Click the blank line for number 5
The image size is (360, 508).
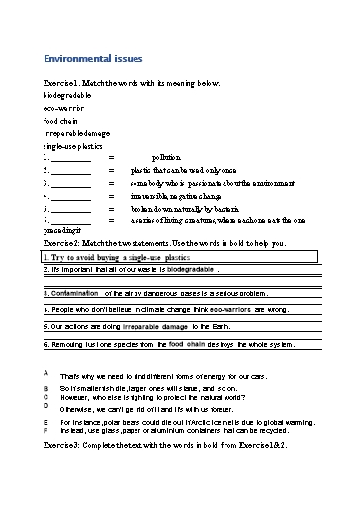[70, 210]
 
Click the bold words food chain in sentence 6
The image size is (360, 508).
[187, 344]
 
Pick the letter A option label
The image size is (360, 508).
[46, 372]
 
